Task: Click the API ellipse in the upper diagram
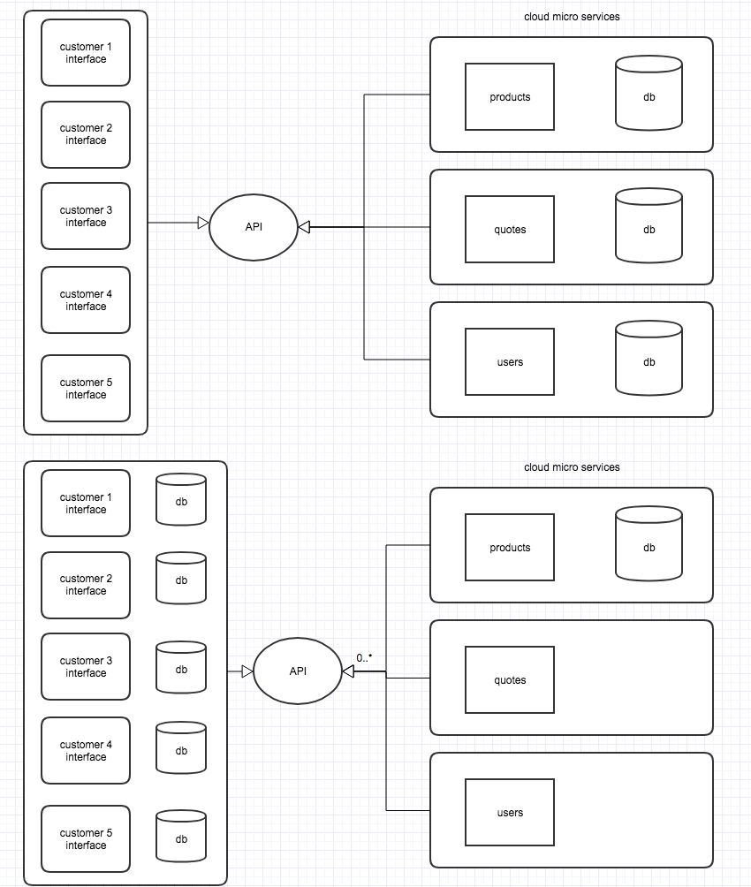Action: point(254,228)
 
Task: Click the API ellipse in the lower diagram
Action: point(298,671)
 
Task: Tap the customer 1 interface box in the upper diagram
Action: point(86,53)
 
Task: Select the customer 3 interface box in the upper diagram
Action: point(86,216)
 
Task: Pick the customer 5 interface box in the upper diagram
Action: point(86,389)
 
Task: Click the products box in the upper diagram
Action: point(510,97)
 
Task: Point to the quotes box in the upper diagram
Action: point(510,230)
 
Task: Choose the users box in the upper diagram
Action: point(510,362)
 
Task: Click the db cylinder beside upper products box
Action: point(649,97)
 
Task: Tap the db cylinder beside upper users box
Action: point(649,362)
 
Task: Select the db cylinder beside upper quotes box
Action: point(649,230)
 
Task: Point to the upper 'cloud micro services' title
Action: point(572,17)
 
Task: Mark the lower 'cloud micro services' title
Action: point(572,466)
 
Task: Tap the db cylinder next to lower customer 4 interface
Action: point(181,751)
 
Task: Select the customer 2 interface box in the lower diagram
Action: point(86,585)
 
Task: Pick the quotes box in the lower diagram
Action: point(510,680)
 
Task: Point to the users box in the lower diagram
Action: point(510,813)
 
